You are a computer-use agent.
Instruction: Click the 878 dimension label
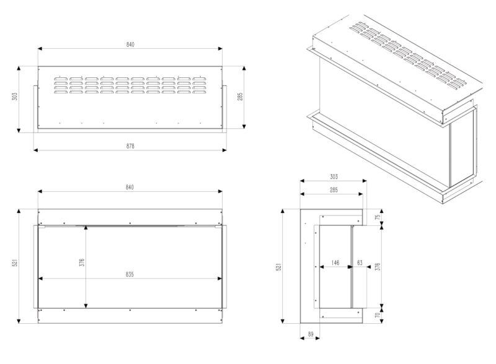130,146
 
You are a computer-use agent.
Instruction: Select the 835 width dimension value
130,274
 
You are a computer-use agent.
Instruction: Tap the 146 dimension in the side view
335,262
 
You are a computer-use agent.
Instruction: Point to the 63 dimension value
360,262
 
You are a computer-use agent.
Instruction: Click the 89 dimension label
311,334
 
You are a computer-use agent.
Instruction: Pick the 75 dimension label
378,217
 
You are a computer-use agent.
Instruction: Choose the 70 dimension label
378,315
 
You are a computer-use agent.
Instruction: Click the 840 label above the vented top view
130,45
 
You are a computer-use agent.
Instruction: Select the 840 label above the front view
130,187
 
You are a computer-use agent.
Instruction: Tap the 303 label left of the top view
14,97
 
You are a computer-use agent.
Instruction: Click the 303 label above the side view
334,176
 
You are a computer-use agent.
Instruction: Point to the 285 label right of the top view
240,97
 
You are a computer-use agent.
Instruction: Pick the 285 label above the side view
334,190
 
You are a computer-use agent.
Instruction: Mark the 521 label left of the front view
14,262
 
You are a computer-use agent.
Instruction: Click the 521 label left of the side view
278,267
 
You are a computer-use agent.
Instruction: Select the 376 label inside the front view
82,262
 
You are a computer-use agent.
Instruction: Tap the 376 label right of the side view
378,267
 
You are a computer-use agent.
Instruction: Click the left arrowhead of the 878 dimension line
35,150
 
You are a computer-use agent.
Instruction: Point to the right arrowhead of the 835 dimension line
220,279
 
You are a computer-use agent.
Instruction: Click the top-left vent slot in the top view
60,79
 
